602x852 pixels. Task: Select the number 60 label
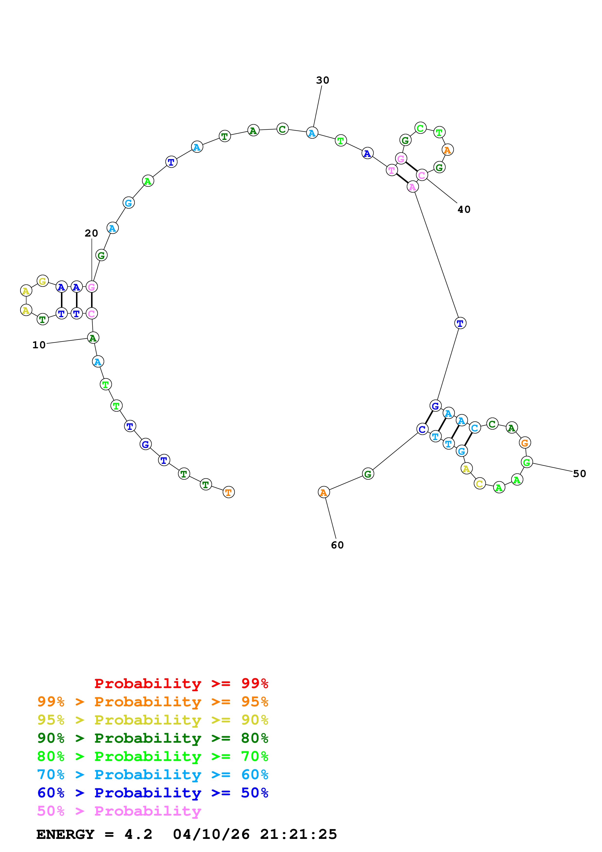[337, 545]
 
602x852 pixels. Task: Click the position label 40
[464, 209]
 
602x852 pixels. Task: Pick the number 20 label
[91, 233]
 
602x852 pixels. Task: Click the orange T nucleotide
[229, 492]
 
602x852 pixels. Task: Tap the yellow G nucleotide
[43, 281]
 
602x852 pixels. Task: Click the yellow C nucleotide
[480, 484]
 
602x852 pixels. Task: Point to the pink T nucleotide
[392, 170]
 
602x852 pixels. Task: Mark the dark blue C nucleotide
[422, 429]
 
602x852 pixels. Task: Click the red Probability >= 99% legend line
[181, 683]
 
